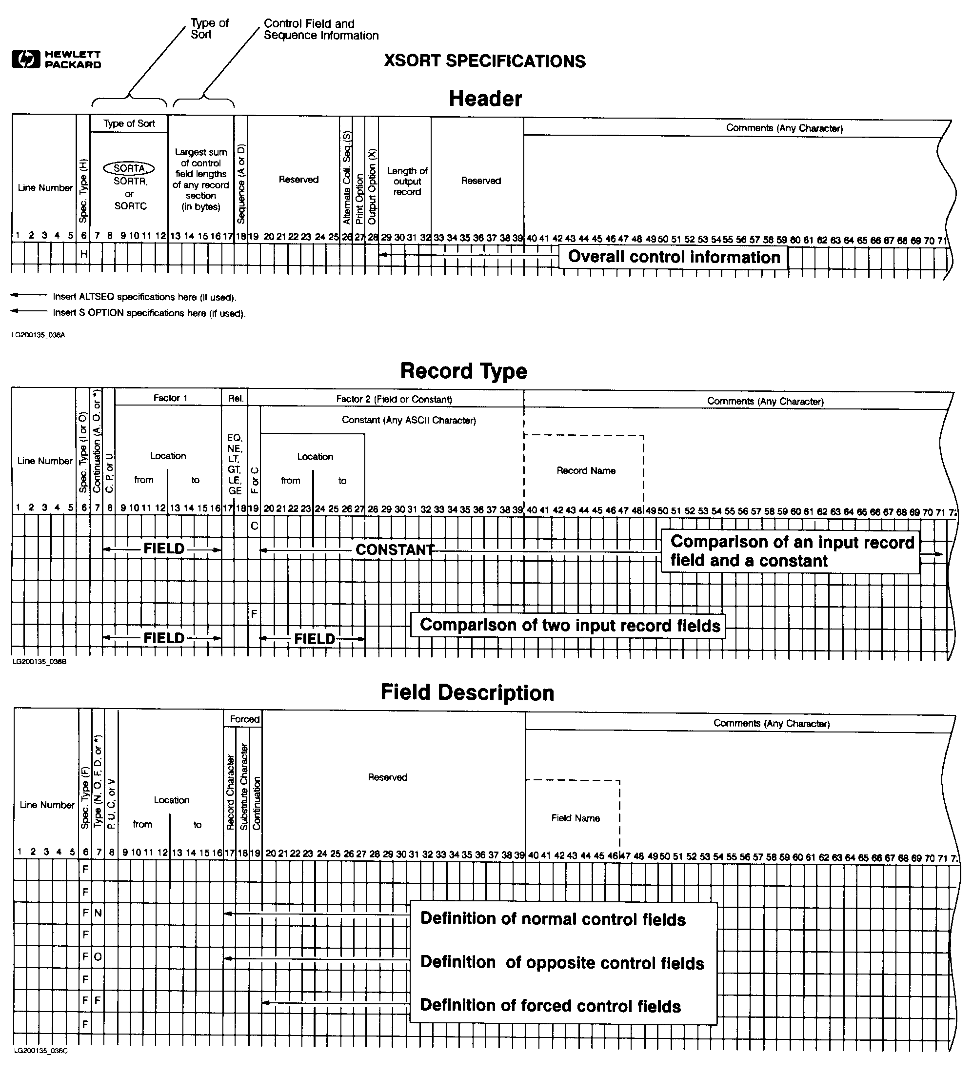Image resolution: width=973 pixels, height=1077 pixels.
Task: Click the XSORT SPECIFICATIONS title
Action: click(484, 61)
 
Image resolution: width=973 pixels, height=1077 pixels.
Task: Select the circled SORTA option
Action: click(129, 168)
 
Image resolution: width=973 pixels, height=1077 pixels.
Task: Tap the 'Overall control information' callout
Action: click(674, 257)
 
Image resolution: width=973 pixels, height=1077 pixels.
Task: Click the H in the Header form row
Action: click(84, 254)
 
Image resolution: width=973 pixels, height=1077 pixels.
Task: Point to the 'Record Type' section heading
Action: click(463, 371)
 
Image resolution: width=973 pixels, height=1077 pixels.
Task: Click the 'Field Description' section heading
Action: click(467, 692)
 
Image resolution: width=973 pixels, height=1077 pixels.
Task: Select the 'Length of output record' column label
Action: click(407, 181)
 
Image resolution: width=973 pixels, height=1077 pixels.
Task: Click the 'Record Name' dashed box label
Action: click(586, 470)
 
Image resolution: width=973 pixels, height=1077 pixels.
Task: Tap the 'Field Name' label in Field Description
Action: click(575, 818)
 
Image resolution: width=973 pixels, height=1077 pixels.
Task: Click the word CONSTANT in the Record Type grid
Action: click(395, 549)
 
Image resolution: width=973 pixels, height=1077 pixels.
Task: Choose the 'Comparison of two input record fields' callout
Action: click(570, 625)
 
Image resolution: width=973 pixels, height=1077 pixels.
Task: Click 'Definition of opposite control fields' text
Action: click(562, 963)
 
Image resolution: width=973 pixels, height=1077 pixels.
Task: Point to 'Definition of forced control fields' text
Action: click(550, 1005)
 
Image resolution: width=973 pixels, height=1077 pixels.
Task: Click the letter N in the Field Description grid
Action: click(98, 913)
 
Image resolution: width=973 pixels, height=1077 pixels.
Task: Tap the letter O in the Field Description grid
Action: click(98, 957)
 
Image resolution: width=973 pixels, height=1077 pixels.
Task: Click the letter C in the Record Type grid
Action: click(254, 526)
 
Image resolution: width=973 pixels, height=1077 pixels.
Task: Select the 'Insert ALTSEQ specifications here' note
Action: click(144, 297)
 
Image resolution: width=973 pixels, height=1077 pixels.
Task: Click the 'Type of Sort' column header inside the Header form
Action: click(129, 123)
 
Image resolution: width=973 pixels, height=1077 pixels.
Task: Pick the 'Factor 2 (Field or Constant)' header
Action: click(394, 399)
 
